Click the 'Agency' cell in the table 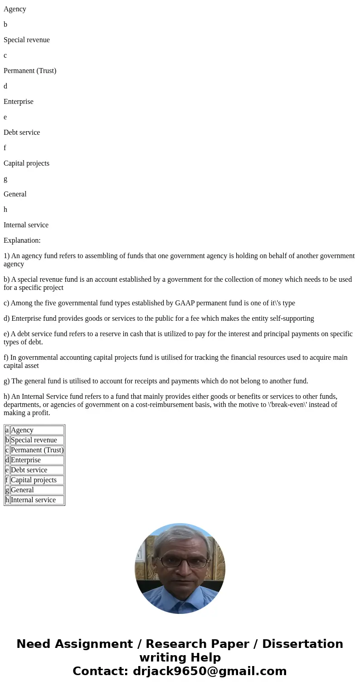tap(37, 430)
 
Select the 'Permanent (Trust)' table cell tap(37, 450)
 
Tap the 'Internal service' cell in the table tap(37, 500)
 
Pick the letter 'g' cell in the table tap(7, 490)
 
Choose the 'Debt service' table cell tap(37, 470)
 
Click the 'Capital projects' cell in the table tap(37, 480)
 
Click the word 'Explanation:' tap(22, 240)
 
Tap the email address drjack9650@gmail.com tap(210, 671)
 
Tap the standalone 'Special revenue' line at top tap(27, 40)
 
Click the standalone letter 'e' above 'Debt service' tap(5, 117)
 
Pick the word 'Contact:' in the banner tap(100, 671)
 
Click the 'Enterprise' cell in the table tap(37, 460)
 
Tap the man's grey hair tap(179, 535)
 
